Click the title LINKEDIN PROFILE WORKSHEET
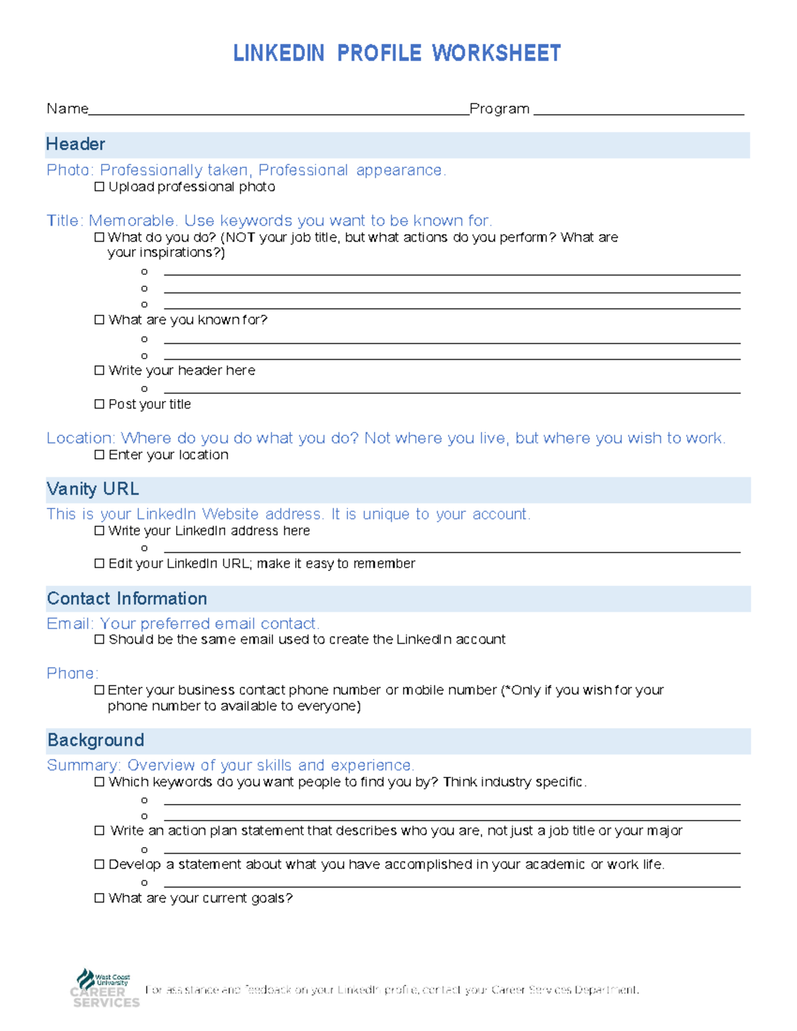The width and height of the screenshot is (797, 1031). coord(397,53)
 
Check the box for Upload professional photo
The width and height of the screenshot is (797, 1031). coord(100,187)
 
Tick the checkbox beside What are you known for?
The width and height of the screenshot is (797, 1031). coord(100,320)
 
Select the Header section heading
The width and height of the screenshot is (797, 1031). coord(76,145)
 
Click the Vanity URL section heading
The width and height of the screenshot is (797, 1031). coord(93,489)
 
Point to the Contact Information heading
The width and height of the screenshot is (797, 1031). coord(127,599)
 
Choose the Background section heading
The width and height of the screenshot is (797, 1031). coord(96,740)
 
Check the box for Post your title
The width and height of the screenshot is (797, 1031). coord(100,404)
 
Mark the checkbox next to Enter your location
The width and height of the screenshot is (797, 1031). coord(100,455)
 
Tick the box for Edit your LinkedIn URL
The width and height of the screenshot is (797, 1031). coord(100,564)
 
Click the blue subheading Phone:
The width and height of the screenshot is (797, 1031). coord(72,673)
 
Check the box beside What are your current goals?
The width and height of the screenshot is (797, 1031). coord(100,898)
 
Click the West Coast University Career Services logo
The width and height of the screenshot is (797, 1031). coord(105,989)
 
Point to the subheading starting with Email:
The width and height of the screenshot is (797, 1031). coord(183,624)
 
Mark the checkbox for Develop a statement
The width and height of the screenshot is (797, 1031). coord(100,864)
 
